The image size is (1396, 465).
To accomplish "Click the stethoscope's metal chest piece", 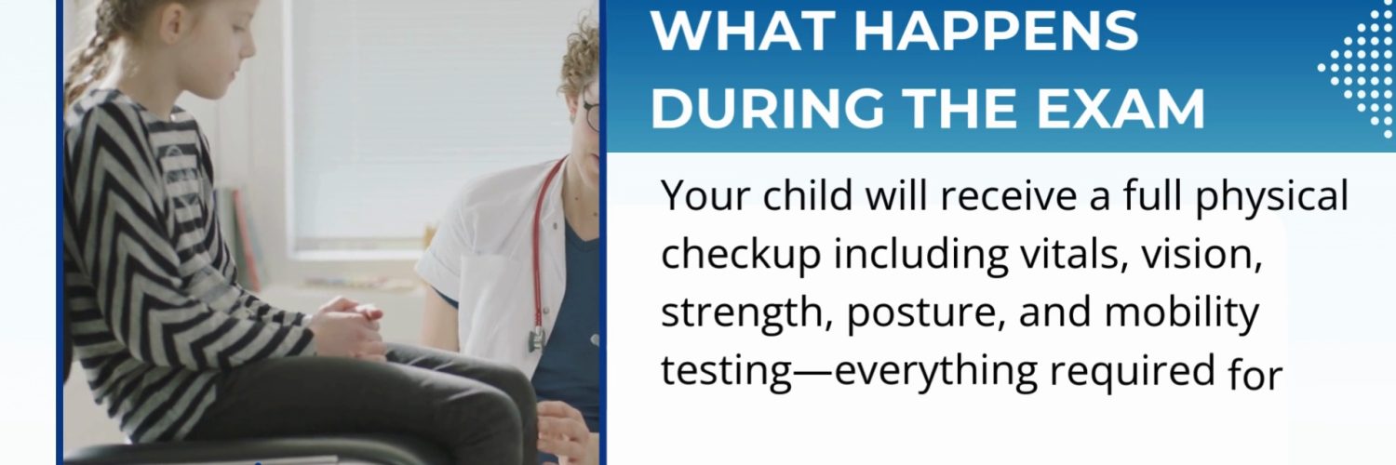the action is [x=537, y=340].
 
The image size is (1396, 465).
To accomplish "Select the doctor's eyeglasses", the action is [x=591, y=115].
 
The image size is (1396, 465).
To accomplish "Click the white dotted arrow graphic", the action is [x=1359, y=69].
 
